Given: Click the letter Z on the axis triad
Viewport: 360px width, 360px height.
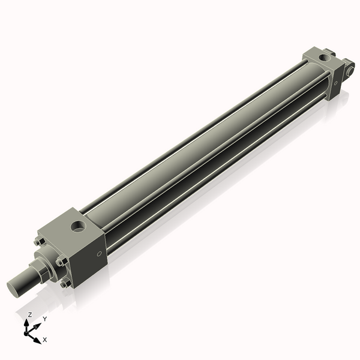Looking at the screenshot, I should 29,314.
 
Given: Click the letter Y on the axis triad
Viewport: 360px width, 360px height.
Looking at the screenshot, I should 44,319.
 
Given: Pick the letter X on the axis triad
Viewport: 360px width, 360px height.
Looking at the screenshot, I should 45,340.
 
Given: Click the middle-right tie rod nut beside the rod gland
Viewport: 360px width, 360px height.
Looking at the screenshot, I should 60,262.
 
